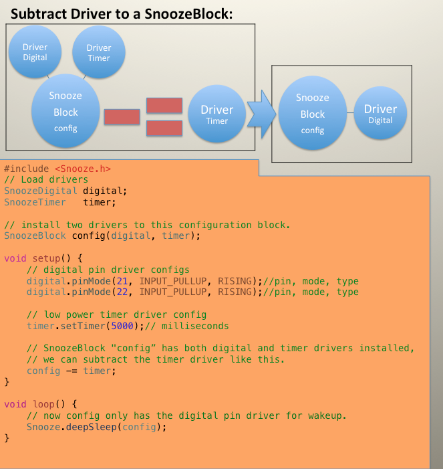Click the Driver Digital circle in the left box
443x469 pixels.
(x=35, y=52)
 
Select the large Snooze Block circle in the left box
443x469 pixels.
(x=65, y=112)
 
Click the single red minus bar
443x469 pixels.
(x=122, y=116)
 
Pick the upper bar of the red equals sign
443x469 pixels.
(x=164, y=106)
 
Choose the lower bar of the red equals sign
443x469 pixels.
(x=164, y=128)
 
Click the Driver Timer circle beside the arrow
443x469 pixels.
(x=217, y=114)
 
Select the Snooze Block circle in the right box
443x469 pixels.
(x=312, y=114)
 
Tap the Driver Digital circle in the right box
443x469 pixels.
(x=380, y=114)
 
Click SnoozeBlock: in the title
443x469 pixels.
(x=192, y=13)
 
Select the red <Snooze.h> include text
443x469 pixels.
(x=83, y=169)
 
